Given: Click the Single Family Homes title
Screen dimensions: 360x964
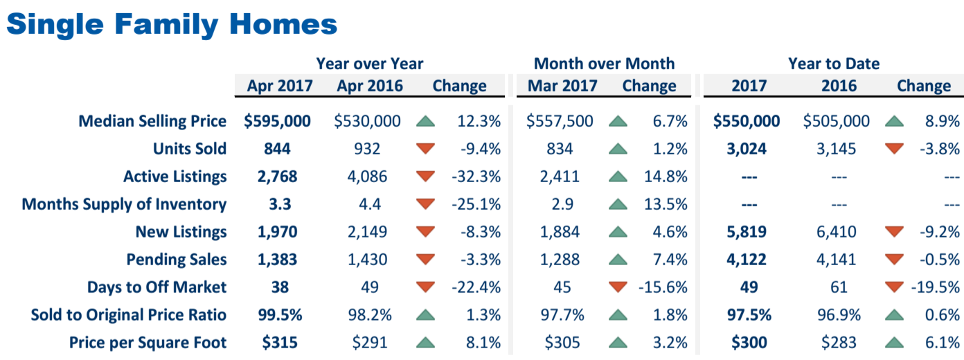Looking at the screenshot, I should coord(172,25).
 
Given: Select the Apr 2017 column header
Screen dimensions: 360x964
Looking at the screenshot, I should coord(280,86).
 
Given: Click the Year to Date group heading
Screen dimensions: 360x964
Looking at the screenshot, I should coord(834,64).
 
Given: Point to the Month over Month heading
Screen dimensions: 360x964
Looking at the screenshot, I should coord(604,64).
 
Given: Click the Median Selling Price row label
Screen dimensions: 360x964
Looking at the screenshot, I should coord(152,121).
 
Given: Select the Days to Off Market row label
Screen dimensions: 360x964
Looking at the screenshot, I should coord(157,287).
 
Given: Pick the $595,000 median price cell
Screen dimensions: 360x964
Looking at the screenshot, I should coord(277,121).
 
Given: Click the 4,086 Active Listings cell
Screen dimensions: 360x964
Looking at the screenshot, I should coord(368,177).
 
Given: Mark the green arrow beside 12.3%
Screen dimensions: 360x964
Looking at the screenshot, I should coord(426,122).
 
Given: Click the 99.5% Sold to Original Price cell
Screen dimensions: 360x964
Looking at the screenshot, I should coord(277,315).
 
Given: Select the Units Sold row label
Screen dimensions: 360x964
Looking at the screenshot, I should coord(190,149).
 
